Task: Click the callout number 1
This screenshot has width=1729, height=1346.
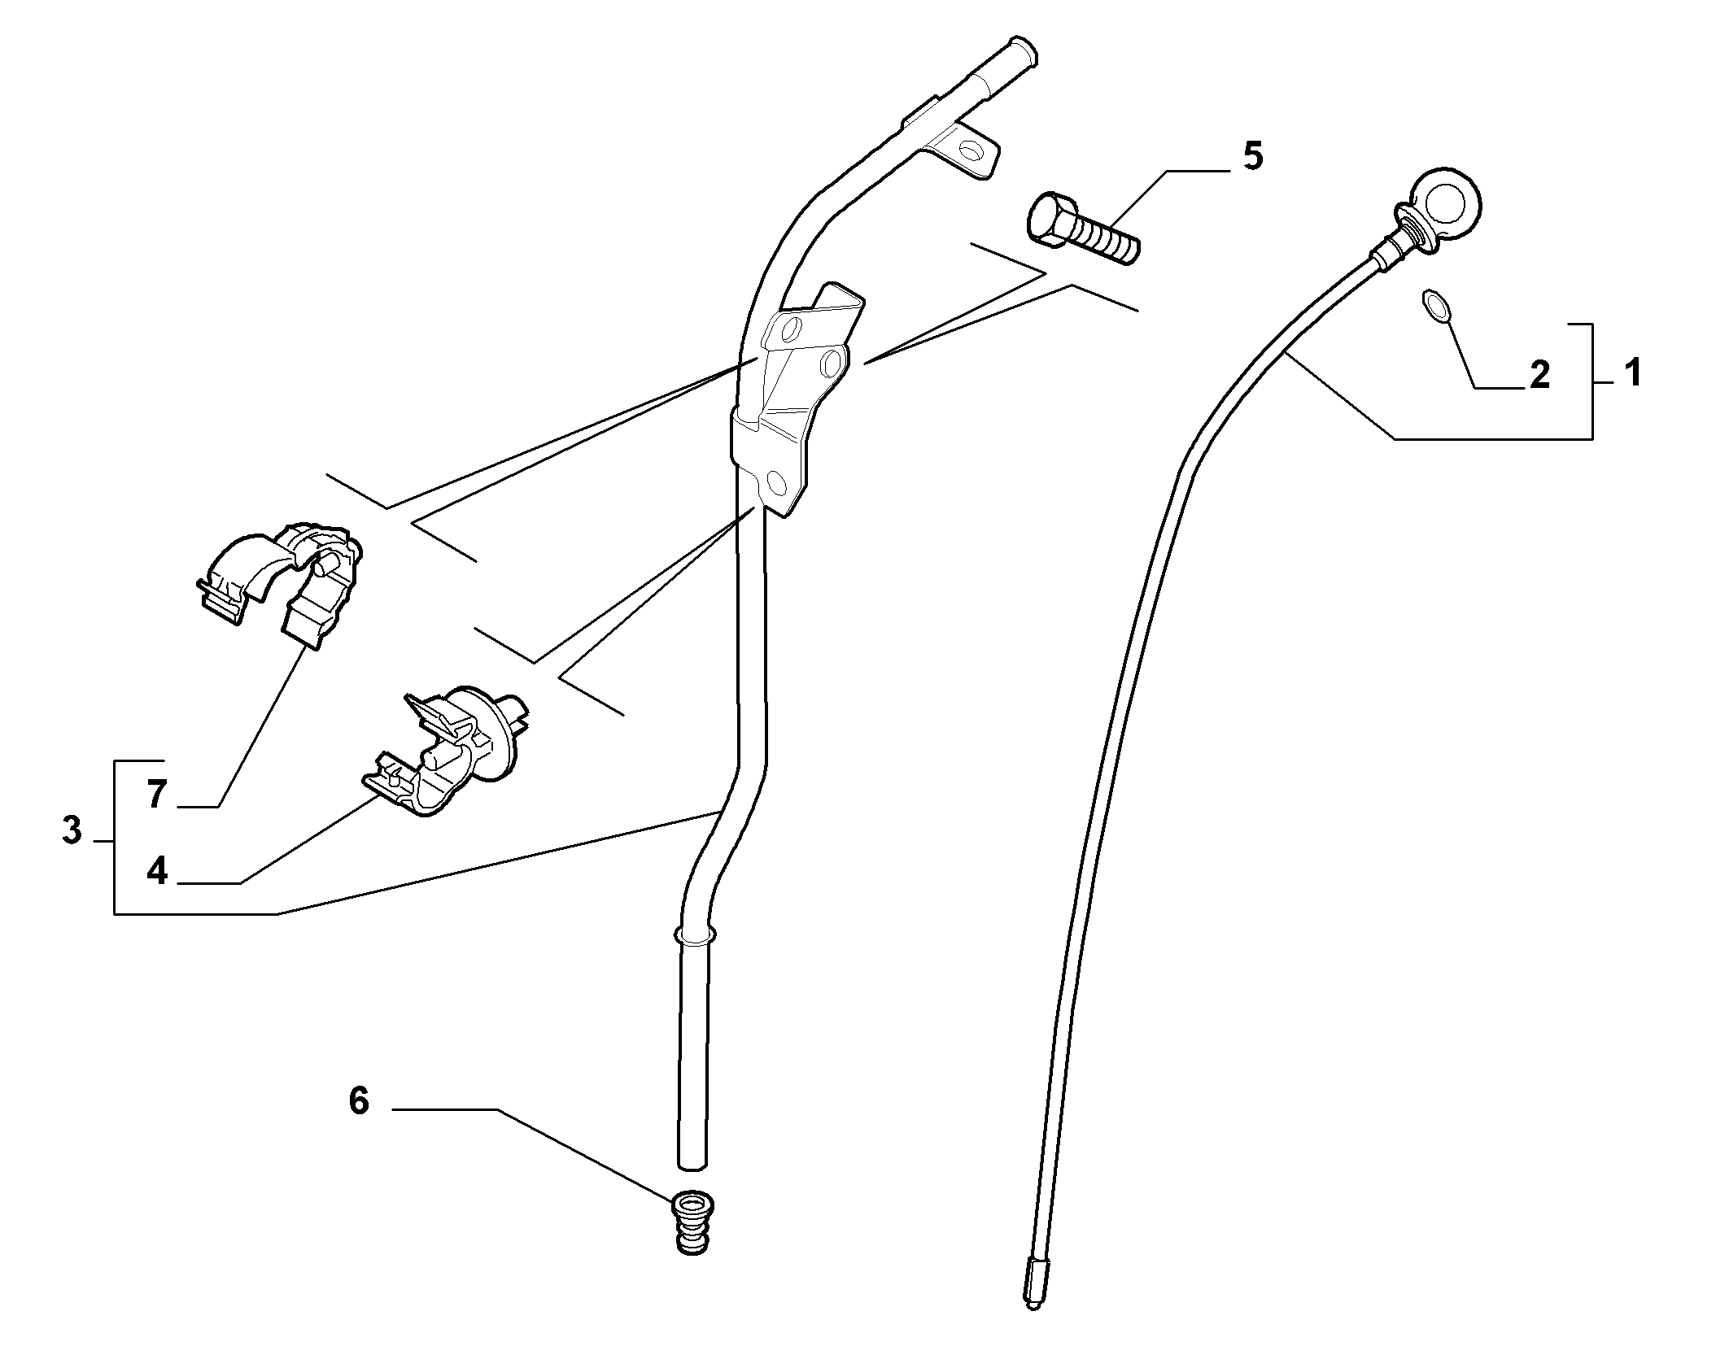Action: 1631,373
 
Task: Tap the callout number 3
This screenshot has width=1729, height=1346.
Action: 72,830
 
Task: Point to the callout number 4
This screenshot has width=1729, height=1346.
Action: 157,870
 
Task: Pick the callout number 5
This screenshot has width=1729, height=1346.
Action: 1253,156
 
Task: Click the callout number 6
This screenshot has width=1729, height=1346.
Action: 358,1100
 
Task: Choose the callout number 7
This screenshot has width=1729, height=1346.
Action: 157,794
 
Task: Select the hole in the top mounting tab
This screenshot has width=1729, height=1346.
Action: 969,150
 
